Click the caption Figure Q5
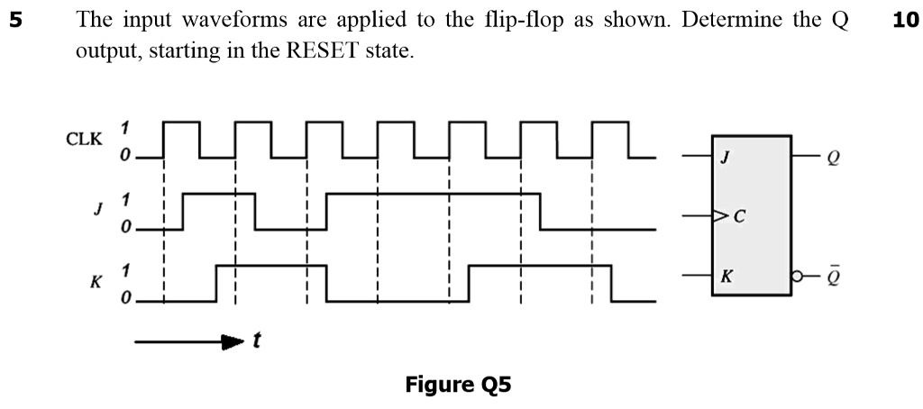[x=458, y=385]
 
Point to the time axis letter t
[x=258, y=341]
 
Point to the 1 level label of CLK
[x=126, y=127]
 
